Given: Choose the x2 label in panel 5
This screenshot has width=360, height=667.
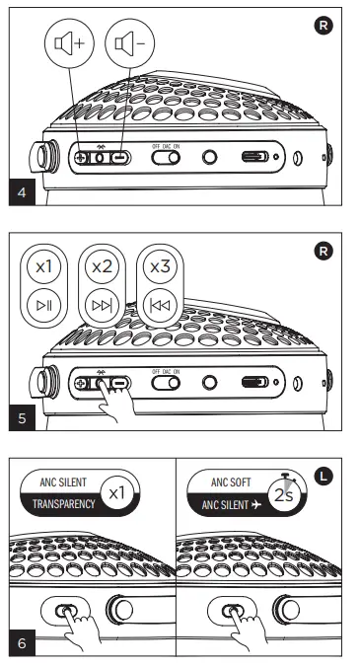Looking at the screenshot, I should pyautogui.click(x=103, y=267).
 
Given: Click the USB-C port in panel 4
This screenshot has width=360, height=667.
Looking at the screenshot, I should pyautogui.click(x=256, y=157).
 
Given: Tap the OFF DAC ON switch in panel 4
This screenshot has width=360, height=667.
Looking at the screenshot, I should pyautogui.click(x=165, y=157).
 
